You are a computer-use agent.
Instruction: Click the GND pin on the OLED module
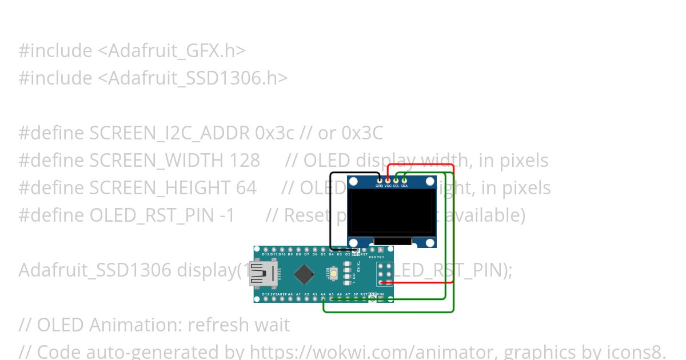click(380, 181)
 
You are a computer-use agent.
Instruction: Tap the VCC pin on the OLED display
click(388, 181)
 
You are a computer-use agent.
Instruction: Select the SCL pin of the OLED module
click(396, 181)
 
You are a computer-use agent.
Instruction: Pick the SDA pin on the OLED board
click(404, 181)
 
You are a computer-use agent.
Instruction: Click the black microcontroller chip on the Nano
click(306, 274)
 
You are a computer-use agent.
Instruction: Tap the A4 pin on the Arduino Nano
click(323, 298)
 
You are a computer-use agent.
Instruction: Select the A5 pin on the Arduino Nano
click(332, 298)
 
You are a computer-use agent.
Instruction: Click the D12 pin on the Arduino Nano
click(265, 250)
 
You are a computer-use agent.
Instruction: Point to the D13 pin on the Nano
click(265, 298)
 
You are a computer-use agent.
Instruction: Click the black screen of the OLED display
click(392, 211)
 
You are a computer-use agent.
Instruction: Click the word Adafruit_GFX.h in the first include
click(171, 51)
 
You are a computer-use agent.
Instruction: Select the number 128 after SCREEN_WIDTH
click(245, 161)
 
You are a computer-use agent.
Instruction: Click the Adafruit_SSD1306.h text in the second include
click(193, 78)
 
